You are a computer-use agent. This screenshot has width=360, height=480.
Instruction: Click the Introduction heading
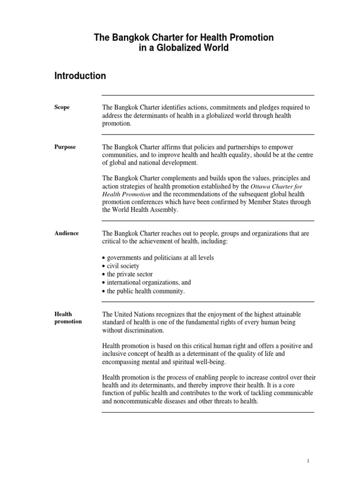click(80, 76)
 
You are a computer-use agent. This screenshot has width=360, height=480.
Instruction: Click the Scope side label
click(62, 107)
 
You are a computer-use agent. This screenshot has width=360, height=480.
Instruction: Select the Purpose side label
click(65, 147)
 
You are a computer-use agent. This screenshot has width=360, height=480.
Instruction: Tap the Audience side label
click(67, 233)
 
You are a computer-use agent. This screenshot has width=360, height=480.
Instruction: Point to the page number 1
click(308, 461)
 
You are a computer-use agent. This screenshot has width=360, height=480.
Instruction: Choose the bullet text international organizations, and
click(149, 283)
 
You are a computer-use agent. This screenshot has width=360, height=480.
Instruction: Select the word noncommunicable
click(138, 402)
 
